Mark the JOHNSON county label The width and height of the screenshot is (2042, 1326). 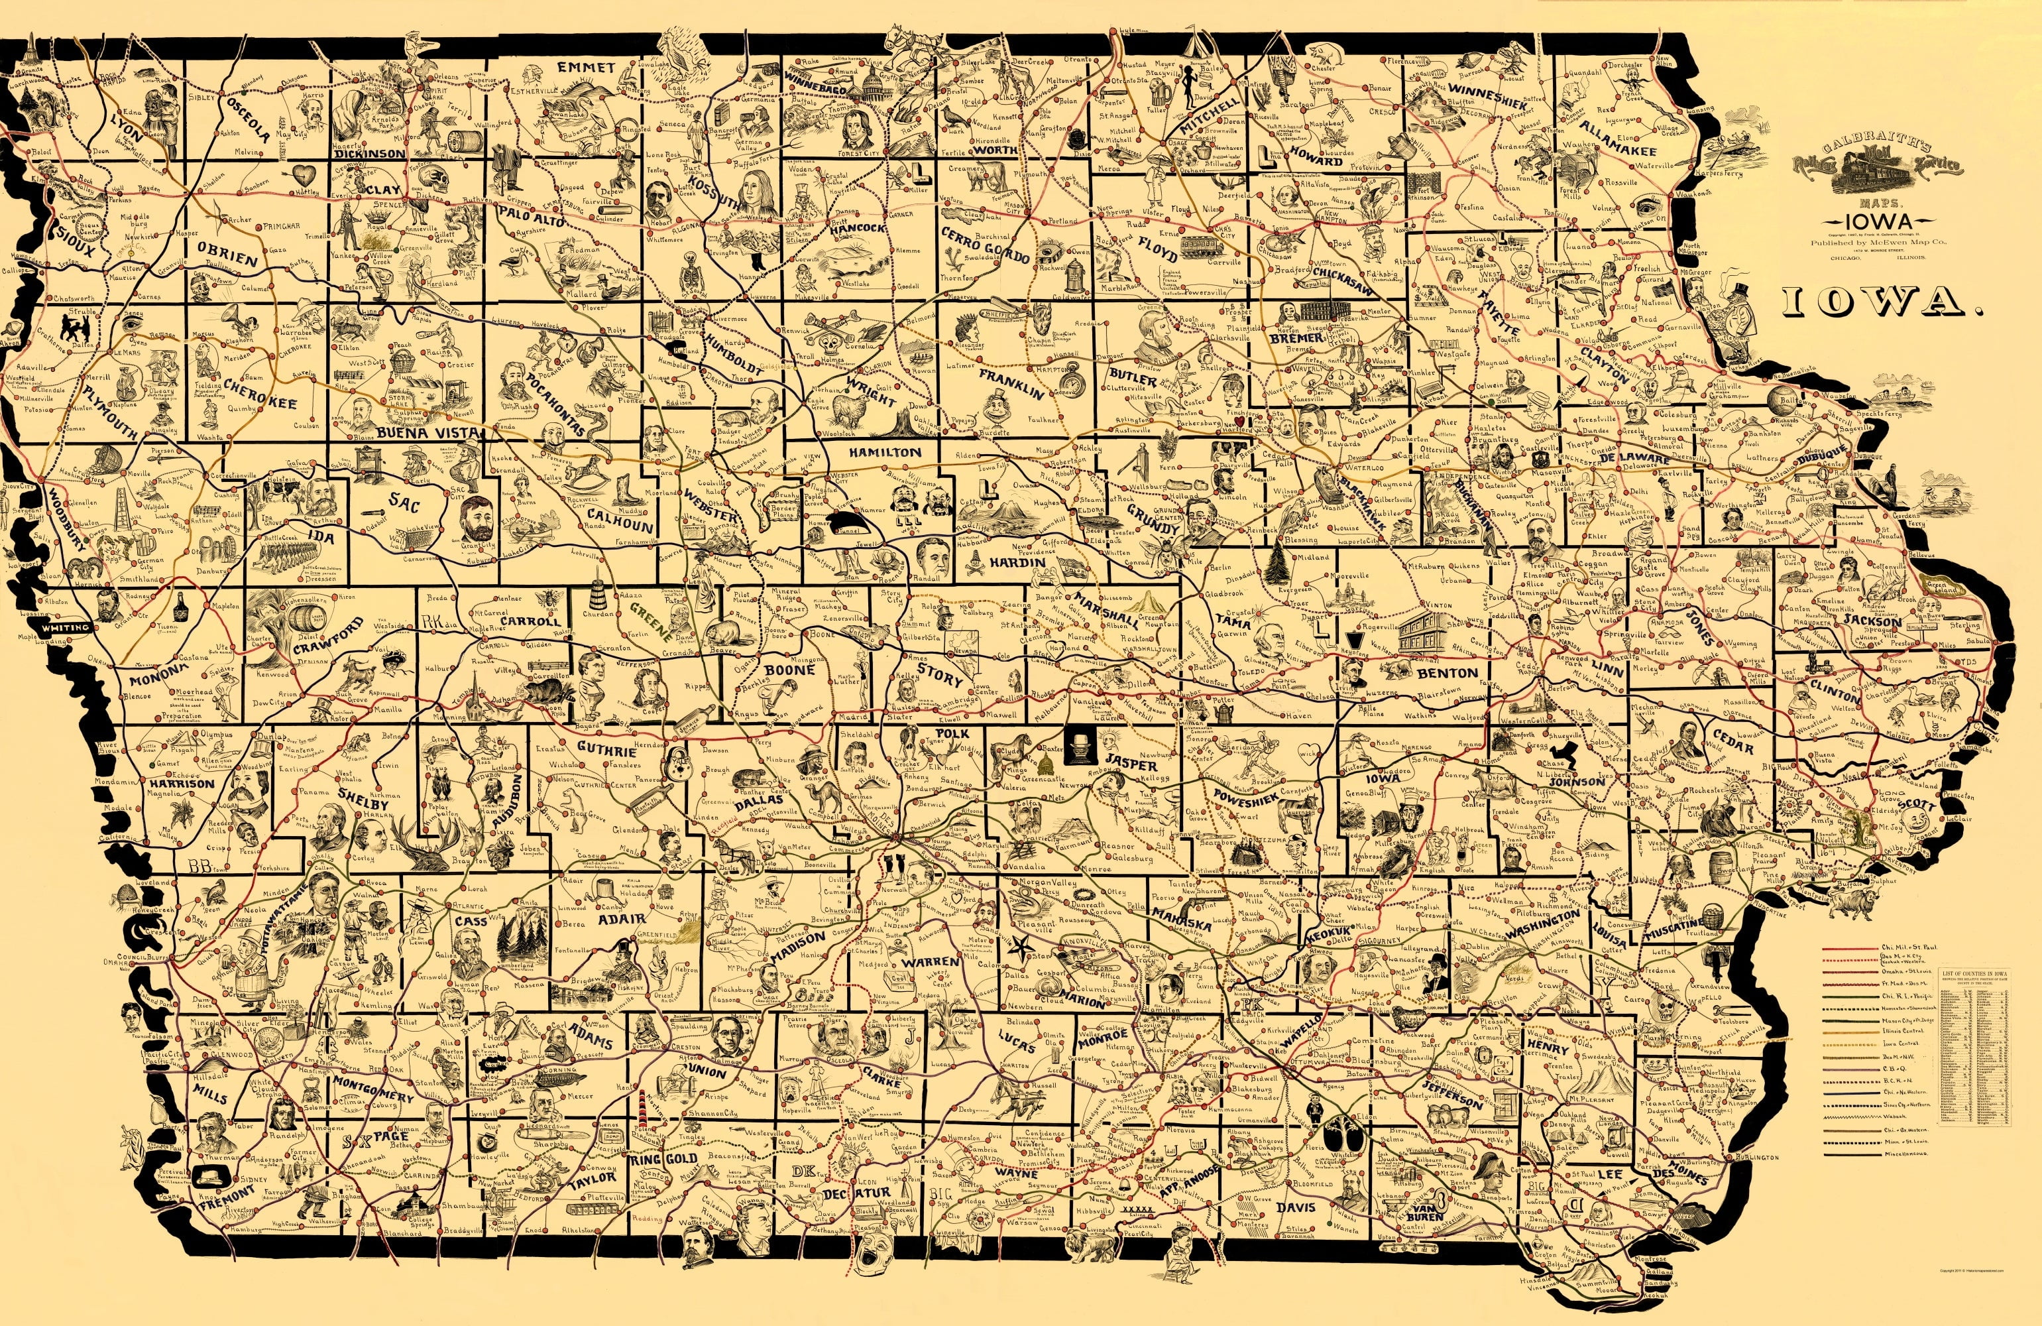coord(1577,782)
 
